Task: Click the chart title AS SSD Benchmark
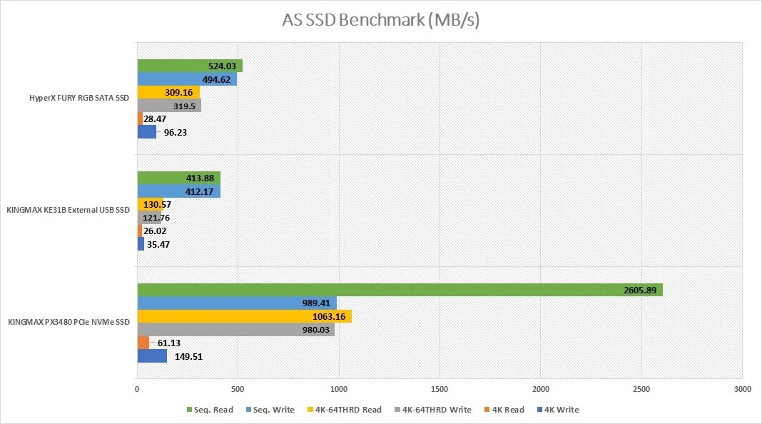(x=380, y=20)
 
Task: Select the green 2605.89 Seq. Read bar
(x=400, y=290)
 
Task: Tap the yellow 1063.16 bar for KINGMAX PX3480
(x=244, y=316)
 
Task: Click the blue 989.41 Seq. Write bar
(x=236, y=303)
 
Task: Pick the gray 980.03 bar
(x=235, y=330)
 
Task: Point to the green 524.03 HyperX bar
(x=189, y=66)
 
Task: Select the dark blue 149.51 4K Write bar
(x=152, y=356)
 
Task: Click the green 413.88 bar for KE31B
(x=178, y=178)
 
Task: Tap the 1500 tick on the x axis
(x=440, y=390)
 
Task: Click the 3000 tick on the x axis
(x=742, y=390)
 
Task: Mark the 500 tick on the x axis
(x=238, y=390)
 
